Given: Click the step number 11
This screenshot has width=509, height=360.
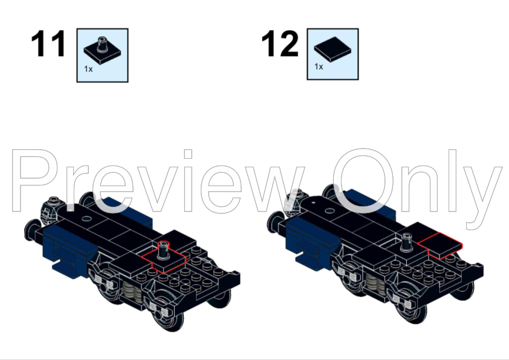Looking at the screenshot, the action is point(48,43).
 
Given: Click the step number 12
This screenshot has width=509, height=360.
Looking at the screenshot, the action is point(280,43).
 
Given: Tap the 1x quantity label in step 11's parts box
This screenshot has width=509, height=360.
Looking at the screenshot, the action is point(88,69).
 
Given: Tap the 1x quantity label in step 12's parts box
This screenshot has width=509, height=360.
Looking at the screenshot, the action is point(319,66).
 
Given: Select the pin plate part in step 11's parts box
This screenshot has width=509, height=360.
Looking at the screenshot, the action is point(102,50).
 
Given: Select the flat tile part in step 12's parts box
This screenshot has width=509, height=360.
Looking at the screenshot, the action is point(332,49).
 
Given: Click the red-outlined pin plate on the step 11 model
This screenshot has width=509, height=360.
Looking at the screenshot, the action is point(164,259).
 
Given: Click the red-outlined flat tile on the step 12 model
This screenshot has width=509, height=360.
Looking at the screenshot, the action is point(440,245).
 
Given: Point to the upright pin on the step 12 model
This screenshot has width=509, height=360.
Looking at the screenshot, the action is point(406,242).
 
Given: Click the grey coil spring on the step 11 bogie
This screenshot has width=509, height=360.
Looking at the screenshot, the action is point(132,291).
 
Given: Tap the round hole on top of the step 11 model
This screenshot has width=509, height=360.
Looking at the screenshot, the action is point(86,219).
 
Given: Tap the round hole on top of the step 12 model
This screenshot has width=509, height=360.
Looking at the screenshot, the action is point(329,211).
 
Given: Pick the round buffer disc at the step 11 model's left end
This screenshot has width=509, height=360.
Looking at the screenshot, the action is point(31,230).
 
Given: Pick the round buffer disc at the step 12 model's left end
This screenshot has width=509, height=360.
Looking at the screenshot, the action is point(274,222).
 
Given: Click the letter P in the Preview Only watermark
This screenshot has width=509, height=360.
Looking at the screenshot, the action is point(34,181).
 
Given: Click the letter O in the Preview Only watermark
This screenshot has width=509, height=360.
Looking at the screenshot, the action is point(363,181).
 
